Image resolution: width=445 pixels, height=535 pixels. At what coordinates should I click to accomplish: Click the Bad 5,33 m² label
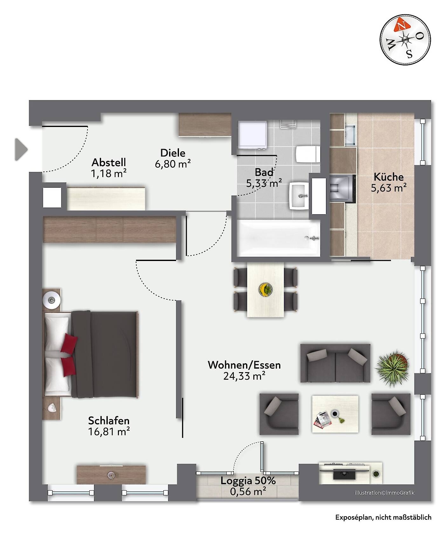click(x=264, y=178)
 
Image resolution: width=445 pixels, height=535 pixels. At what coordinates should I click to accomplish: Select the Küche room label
click(x=389, y=177)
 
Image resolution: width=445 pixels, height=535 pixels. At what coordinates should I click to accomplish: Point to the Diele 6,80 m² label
click(x=173, y=158)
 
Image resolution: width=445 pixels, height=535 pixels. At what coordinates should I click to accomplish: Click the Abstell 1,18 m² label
click(x=109, y=168)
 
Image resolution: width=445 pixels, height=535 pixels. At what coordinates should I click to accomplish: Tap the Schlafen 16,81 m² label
click(x=109, y=426)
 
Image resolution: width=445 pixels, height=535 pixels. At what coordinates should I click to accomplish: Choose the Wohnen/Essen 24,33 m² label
click(x=244, y=370)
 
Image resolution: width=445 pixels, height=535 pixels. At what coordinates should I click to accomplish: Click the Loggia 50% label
click(x=248, y=481)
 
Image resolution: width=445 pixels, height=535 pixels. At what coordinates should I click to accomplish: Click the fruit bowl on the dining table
click(x=265, y=290)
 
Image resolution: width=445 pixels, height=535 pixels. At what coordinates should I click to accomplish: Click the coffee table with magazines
click(x=335, y=414)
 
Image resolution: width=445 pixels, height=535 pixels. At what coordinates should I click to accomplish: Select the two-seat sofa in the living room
click(x=335, y=363)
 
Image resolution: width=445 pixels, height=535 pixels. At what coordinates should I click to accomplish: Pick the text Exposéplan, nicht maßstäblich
click(x=384, y=517)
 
